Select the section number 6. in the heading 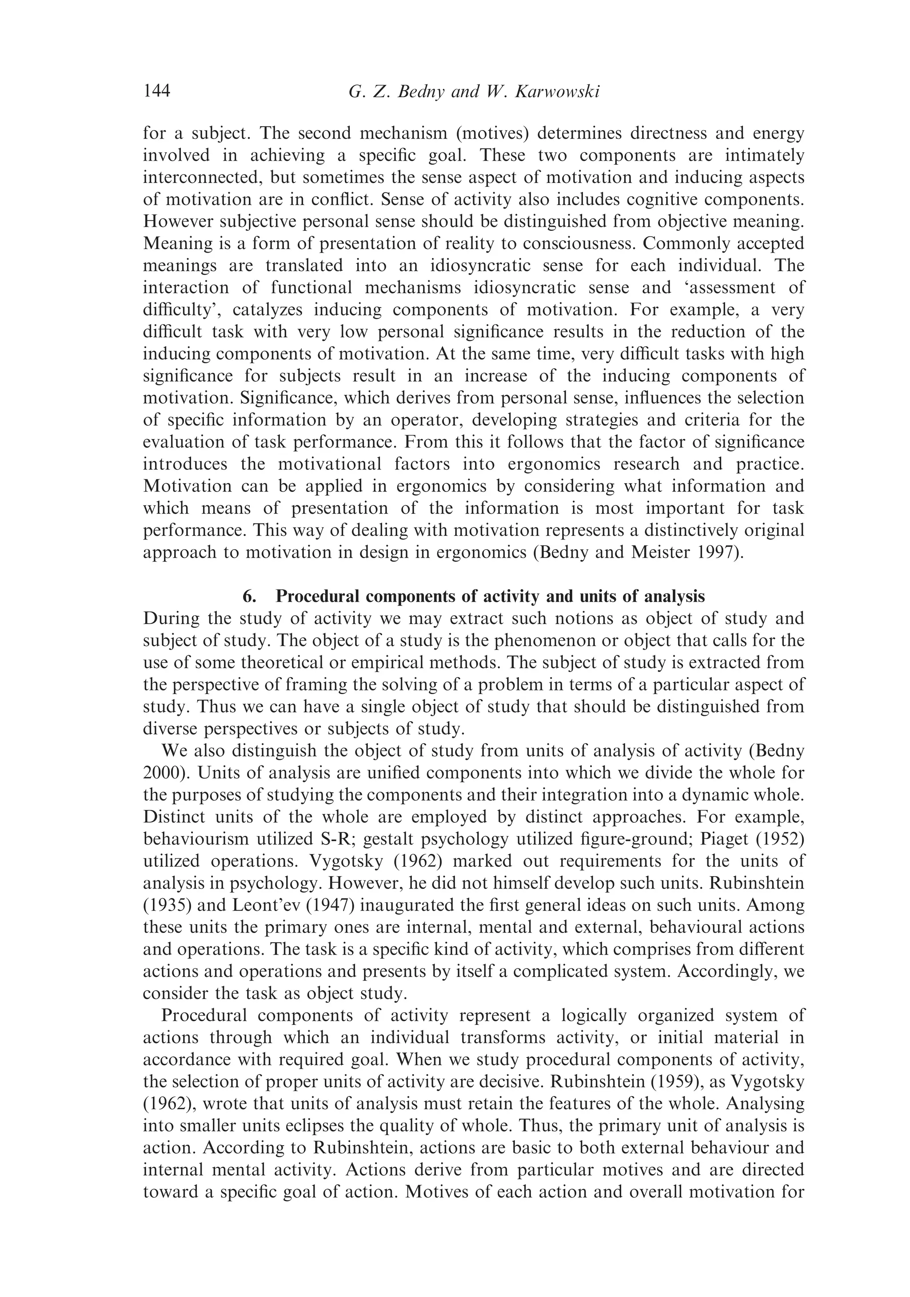(250, 596)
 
